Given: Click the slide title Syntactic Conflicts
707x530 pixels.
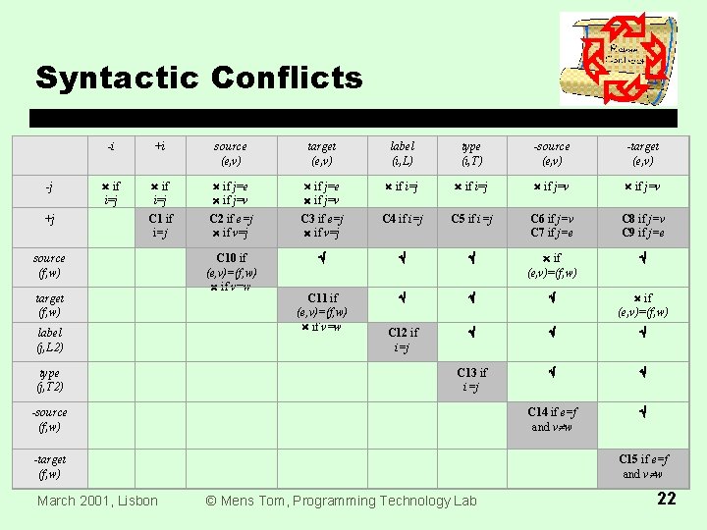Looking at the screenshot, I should click(198, 78).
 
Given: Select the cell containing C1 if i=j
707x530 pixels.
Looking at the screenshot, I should click(161, 226).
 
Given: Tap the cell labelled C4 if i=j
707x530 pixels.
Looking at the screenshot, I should click(402, 220).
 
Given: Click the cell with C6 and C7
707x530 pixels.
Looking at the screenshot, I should click(551, 226).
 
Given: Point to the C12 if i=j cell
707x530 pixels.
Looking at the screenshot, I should click(404, 340).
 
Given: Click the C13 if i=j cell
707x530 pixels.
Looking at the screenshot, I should click(471, 379).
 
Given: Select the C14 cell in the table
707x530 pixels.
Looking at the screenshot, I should click(551, 419).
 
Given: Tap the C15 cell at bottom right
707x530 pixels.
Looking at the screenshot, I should click(643, 466).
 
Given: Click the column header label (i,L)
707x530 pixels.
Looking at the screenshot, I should click(402, 153).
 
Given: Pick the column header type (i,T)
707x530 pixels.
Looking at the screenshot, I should click(471, 153).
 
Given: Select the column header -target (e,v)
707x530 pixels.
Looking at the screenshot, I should click(643, 153).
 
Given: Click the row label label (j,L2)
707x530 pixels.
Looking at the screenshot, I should click(49, 340).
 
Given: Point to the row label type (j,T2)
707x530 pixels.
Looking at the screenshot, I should click(49, 380).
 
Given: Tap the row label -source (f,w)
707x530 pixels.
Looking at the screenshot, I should click(49, 419).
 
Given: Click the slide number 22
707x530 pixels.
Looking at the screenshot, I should click(667, 499).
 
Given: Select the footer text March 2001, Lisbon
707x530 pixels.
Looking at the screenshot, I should click(97, 501).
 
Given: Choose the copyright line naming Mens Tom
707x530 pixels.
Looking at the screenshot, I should click(341, 501).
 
